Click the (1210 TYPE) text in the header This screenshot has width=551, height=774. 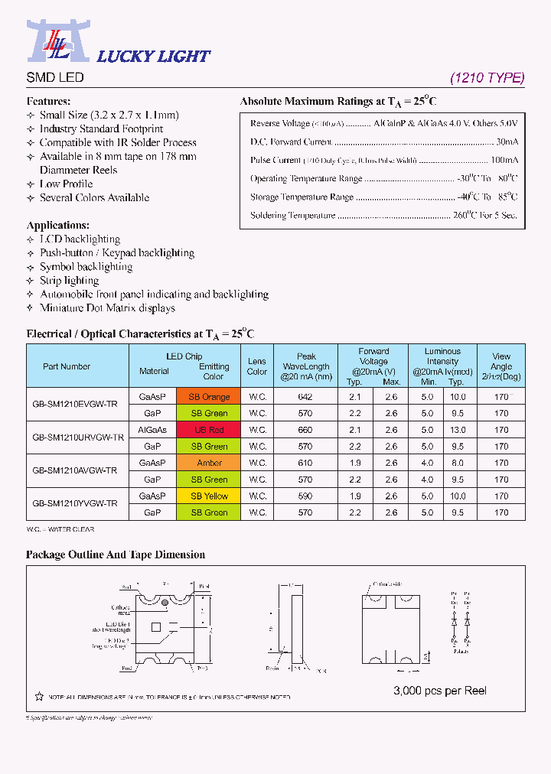pos(487,77)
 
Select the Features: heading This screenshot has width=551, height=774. pos(48,101)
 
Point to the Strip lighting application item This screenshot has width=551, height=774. pos(69,280)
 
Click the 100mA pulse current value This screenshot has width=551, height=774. pos(504,160)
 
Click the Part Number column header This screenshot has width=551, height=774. pos(67,366)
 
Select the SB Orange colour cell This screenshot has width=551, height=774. pos(209,397)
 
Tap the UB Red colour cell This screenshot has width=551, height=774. pos(209,430)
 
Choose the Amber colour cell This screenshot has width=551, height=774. pos(209,463)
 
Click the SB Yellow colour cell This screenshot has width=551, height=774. pos(209,496)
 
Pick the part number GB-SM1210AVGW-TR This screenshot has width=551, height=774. pos(75,471)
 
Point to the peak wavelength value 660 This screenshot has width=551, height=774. pos(305,430)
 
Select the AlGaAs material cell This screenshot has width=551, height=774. pos(152,430)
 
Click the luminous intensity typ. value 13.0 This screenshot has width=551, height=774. pos(457,430)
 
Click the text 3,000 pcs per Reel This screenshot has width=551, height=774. pos(439,691)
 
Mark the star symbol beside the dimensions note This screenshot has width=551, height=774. pos(39,697)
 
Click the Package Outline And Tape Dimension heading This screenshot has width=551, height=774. pos(116,554)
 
